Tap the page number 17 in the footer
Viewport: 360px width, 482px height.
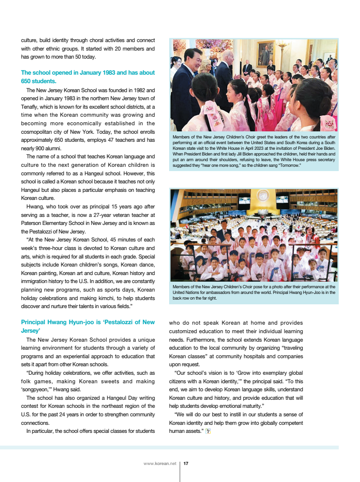pyautogui.click(x=186, y=464)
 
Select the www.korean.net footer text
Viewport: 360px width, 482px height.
pyautogui.click(x=160, y=464)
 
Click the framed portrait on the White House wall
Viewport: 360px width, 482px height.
pyautogui.click(x=265, y=53)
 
